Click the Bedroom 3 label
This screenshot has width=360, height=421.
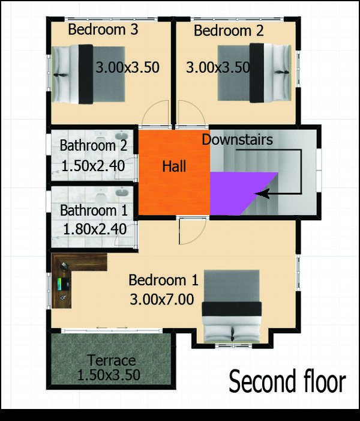[x=103, y=29]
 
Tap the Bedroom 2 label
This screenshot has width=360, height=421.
[x=229, y=31]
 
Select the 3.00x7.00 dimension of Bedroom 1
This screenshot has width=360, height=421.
[x=162, y=299]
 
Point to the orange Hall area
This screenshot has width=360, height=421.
[x=174, y=172]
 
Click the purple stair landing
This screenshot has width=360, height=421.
[x=236, y=192]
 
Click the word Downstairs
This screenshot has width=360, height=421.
[x=237, y=139]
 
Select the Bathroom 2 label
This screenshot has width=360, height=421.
[x=94, y=146]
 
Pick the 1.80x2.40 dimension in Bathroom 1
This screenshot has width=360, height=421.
[x=95, y=229]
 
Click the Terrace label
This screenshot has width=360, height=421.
[x=112, y=360]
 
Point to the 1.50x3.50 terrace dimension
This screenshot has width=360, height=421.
[x=109, y=375]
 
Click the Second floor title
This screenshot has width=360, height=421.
[x=287, y=381]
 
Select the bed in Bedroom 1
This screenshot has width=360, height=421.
[x=232, y=306]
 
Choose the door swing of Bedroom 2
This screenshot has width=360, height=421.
[x=192, y=114]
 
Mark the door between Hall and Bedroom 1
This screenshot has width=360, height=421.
[x=193, y=231]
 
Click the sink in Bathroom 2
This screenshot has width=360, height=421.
[x=122, y=135]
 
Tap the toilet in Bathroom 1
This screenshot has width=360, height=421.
[x=101, y=198]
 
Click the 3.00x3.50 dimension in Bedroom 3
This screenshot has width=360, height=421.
[x=128, y=67]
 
